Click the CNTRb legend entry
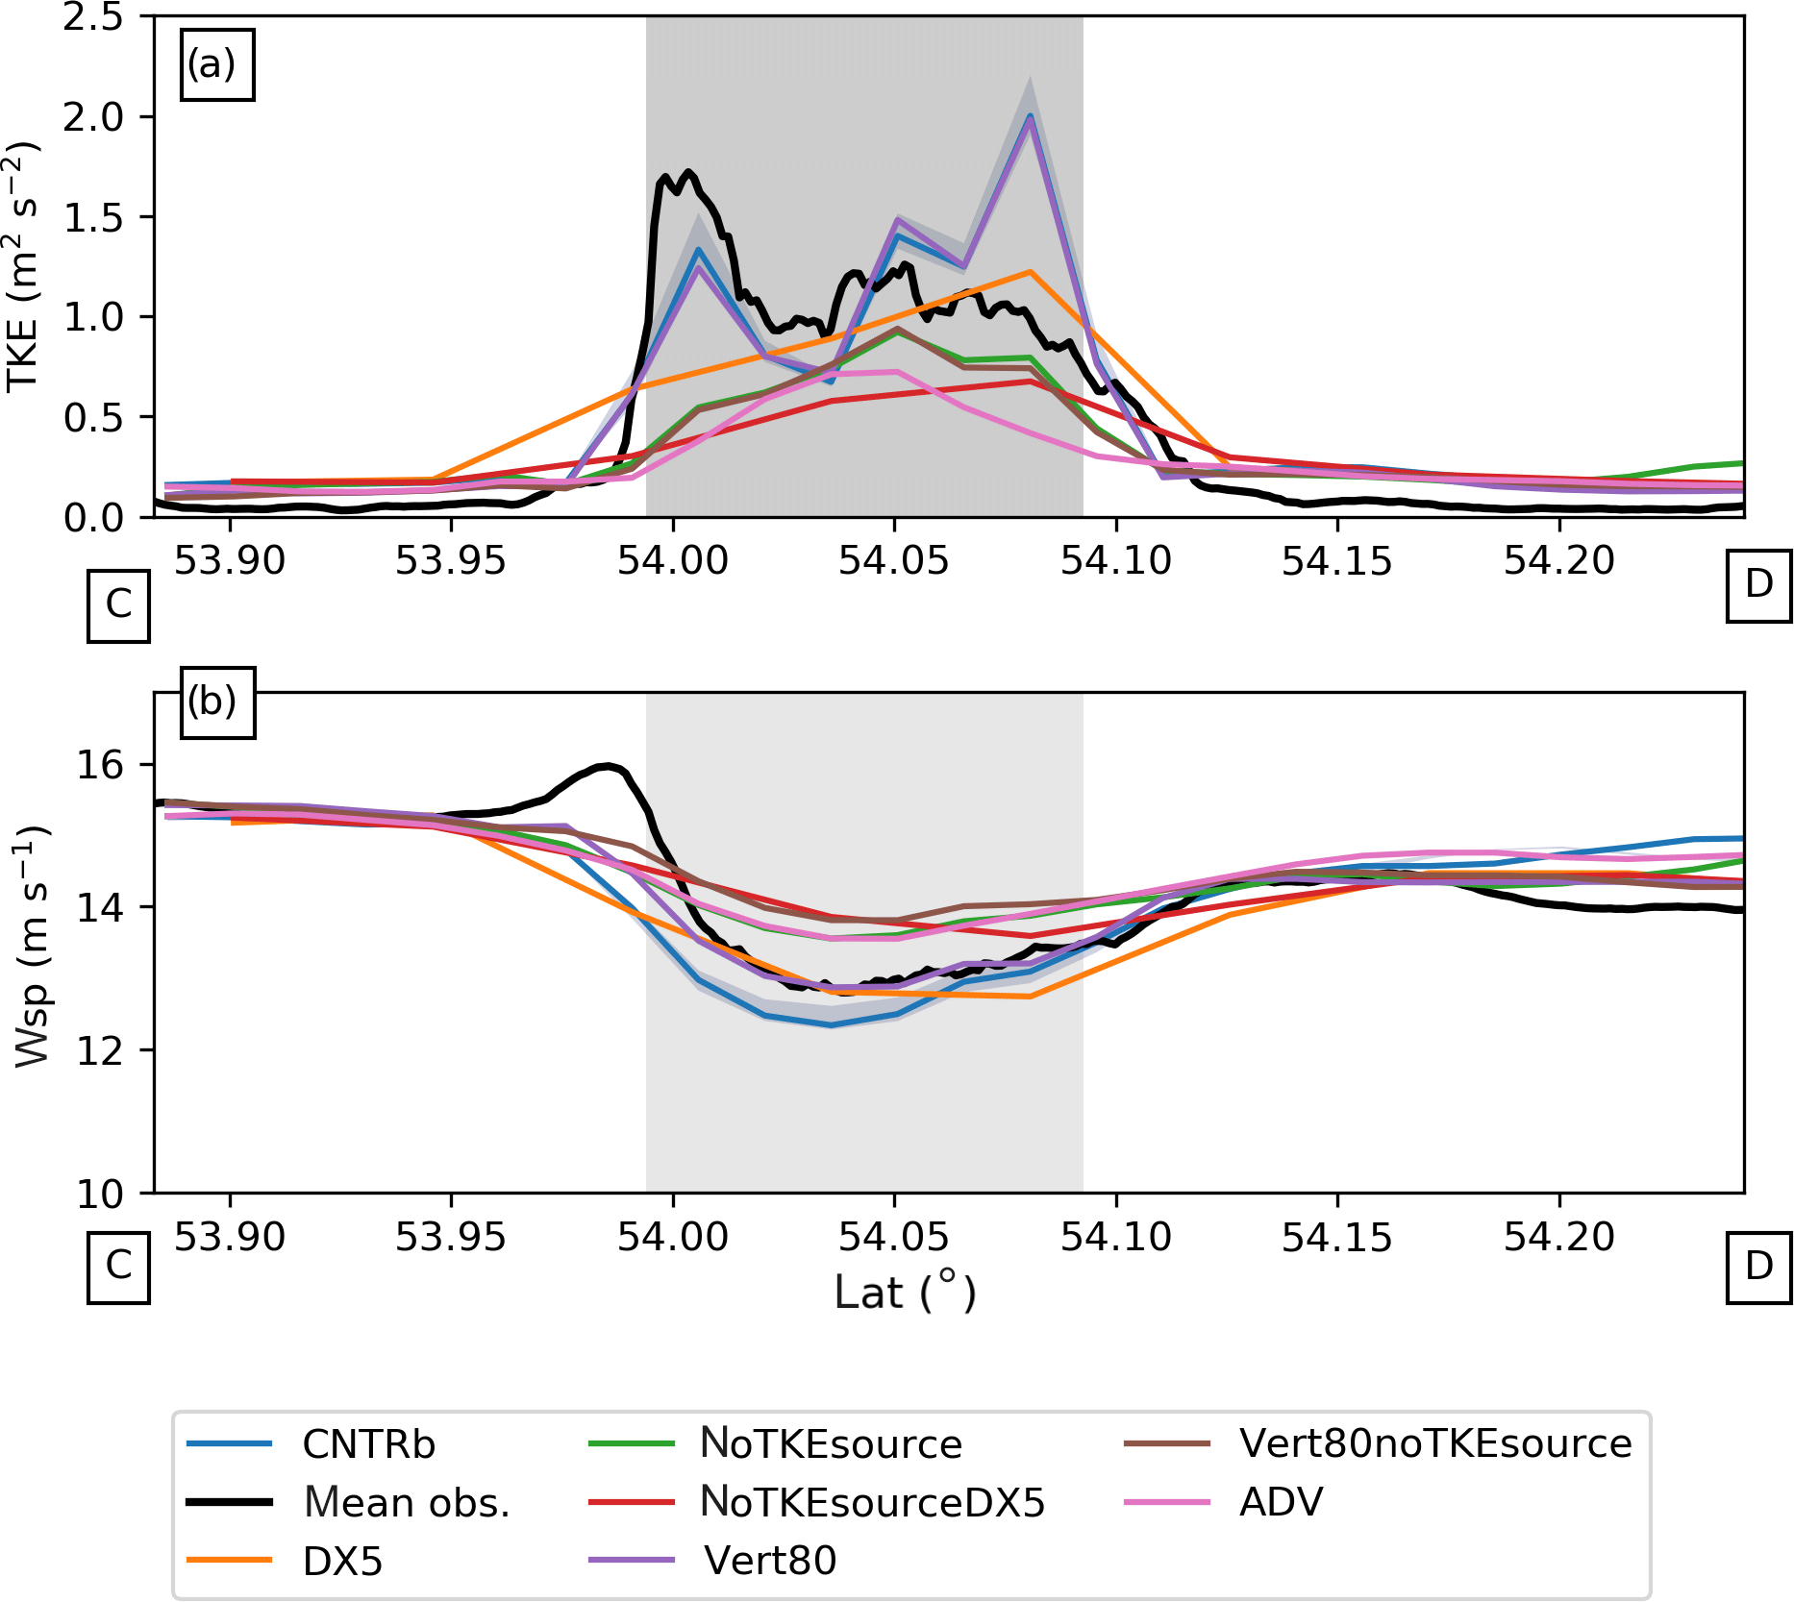368,1444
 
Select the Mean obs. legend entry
406,1502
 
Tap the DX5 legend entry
342,1562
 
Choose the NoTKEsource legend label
831,1444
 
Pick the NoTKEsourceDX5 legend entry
872,1502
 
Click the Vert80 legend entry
770,1561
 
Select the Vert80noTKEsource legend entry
1435,1443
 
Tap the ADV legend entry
1281,1502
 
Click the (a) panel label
212,64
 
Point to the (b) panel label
212,702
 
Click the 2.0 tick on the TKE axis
94,117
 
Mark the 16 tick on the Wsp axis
102,765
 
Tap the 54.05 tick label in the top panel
894,561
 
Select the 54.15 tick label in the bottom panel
1337,1238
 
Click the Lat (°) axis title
905,1293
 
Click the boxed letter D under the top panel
1758,584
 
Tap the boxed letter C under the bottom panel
118,1266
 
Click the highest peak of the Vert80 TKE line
1030,119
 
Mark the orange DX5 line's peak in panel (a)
1030,272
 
